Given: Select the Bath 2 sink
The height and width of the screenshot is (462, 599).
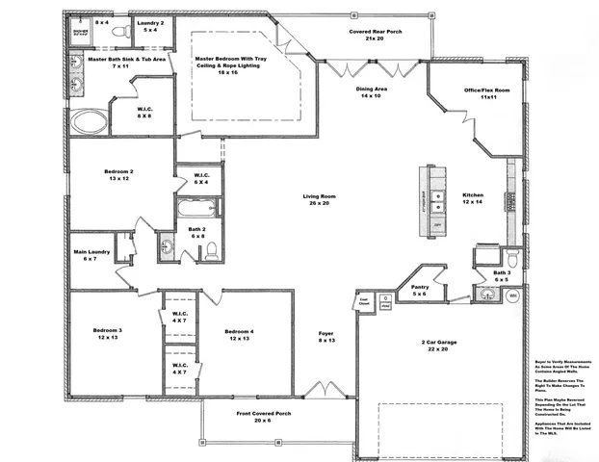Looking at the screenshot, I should (x=166, y=245).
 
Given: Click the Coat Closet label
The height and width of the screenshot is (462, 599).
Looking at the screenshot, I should (x=364, y=300).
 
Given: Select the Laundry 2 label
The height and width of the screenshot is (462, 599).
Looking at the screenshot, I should (x=150, y=26).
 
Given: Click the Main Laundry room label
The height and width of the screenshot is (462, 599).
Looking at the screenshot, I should (x=91, y=255).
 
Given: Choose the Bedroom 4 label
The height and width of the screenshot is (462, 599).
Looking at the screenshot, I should (x=238, y=336).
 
